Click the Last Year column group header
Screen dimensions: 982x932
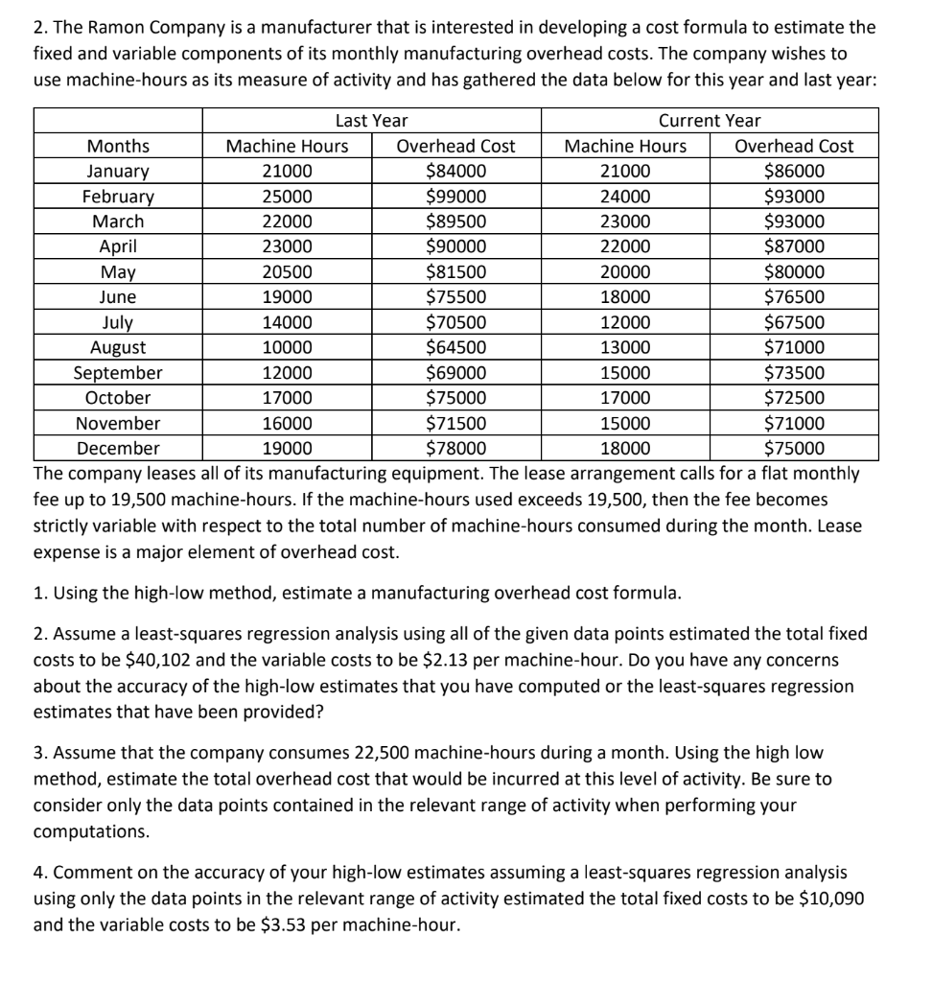(x=371, y=121)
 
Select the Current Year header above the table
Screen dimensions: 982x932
(x=710, y=121)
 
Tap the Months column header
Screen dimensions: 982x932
(x=118, y=147)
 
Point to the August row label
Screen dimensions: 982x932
(x=118, y=347)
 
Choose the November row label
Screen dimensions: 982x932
(x=118, y=423)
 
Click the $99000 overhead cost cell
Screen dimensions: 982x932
(x=455, y=197)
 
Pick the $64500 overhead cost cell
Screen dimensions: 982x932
(x=455, y=347)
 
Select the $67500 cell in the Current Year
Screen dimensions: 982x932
(x=794, y=322)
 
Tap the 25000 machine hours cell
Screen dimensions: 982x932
(x=287, y=197)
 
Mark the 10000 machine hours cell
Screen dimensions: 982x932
(x=287, y=347)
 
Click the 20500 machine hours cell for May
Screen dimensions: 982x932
(x=287, y=272)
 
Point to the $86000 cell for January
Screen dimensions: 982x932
(x=794, y=172)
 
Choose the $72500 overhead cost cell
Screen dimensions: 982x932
(x=794, y=397)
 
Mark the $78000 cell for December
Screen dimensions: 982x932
(x=455, y=448)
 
